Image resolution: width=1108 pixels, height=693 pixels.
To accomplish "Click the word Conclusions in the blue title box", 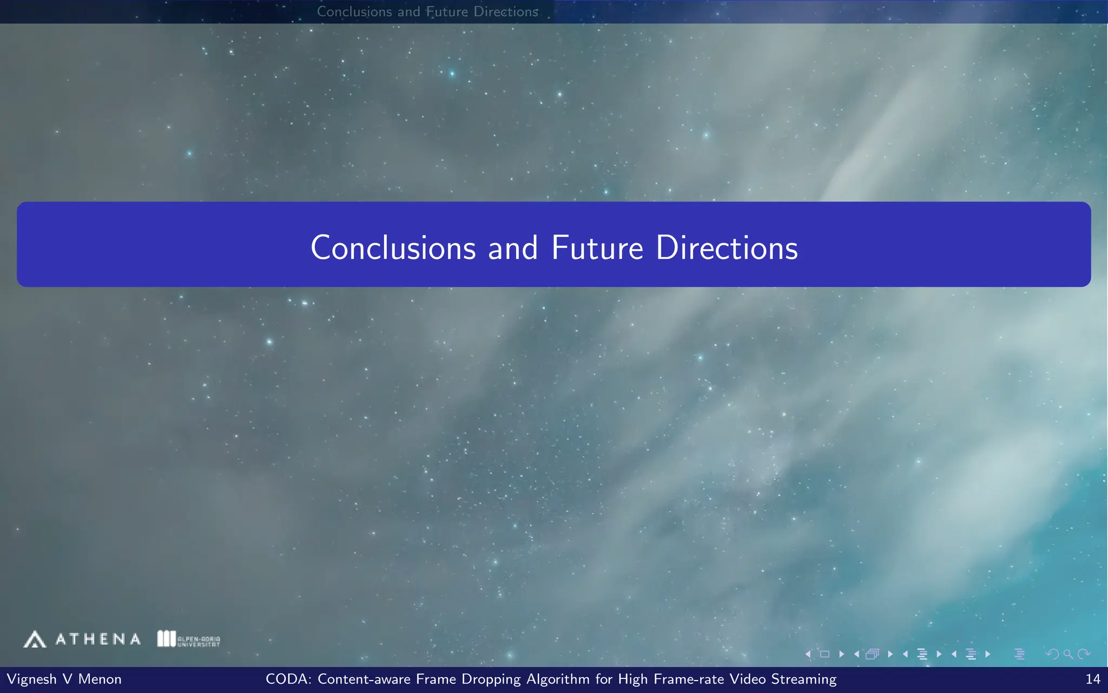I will pos(393,248).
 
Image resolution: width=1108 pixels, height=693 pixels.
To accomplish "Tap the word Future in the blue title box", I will pos(597,248).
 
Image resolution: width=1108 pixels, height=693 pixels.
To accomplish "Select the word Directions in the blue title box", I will pos(727,248).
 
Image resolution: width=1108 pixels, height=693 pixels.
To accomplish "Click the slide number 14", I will pos(1093,679).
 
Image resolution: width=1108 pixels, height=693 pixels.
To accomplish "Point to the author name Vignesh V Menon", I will pos(64,679).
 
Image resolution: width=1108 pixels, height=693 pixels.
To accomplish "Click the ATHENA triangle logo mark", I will pos(35,639).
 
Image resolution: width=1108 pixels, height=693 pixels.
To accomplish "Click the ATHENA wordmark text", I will pos(98,639).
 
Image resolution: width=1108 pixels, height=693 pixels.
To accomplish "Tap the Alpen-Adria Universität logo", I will pos(188,639).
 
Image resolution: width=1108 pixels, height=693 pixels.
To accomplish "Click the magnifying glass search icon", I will pos(1068,654).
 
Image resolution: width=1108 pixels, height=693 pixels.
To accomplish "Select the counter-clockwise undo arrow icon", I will pos(1052,654).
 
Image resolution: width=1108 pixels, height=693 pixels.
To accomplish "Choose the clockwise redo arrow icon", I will pos(1084,654).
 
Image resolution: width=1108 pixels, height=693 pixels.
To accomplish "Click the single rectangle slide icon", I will pos(825,654).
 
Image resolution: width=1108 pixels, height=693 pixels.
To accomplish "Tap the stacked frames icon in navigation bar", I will pos(872,654).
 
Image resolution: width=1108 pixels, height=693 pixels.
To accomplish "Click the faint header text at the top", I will pos(427,11).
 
